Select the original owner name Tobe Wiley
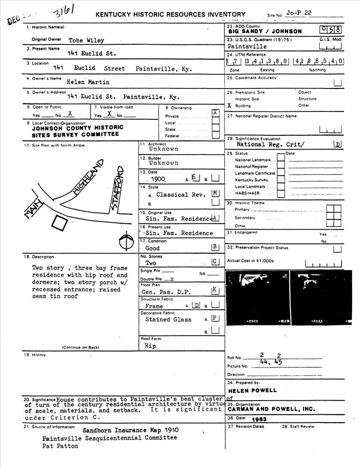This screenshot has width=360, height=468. tap(86, 40)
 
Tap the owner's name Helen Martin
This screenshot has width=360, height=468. tap(88, 82)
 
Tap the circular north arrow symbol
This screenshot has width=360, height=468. tap(125, 241)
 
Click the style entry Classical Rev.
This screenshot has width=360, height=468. tap(178, 195)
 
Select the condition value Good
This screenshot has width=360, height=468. tap(152, 248)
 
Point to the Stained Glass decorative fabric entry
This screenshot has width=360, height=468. tap(168, 320)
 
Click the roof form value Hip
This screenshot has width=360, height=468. tap(151, 346)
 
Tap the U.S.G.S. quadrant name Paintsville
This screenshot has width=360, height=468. tap(247, 47)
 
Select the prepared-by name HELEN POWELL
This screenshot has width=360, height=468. tap(252, 390)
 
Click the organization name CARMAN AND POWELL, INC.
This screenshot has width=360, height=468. tap(271, 409)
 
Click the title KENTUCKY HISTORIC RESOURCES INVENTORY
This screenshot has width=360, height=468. tap(170, 15)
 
